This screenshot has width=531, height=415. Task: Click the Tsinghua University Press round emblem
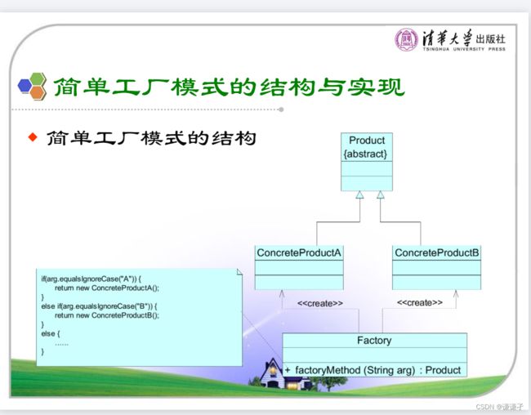406,40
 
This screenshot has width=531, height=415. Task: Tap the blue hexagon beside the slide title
25,85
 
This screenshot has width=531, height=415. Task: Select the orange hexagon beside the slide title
38,92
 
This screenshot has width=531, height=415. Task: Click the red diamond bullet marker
33,137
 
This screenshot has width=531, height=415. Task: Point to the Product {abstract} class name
366,147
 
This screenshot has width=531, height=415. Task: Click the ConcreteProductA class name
299,252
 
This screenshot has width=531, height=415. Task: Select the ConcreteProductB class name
436,252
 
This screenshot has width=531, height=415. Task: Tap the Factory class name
374,340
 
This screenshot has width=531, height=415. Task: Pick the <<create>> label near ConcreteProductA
320,303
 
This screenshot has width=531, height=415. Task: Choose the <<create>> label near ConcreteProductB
420,302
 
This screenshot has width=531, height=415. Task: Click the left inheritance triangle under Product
359,194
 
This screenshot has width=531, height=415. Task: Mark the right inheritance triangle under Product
381,194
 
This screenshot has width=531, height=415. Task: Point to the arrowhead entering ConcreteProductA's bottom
282,294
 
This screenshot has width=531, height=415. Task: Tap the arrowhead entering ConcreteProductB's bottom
456,294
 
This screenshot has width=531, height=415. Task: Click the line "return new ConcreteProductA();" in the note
107,288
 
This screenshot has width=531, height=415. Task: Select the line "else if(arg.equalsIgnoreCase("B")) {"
99,306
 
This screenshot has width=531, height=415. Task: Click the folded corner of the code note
239,272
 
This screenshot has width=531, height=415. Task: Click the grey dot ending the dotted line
281,109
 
